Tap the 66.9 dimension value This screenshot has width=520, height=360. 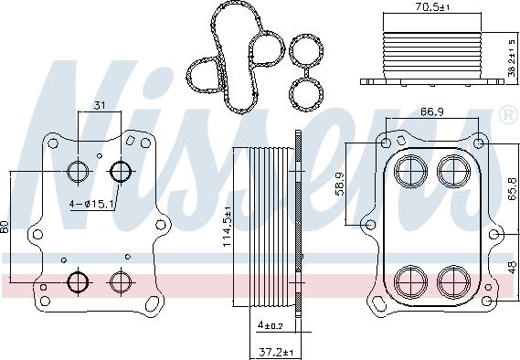[432, 112]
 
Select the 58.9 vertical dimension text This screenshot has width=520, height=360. [340, 185]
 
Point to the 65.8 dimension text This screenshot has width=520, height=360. [512, 188]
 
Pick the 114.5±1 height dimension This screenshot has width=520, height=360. [227, 227]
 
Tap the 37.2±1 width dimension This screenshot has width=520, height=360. [276, 352]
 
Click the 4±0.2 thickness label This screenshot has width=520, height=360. [271, 325]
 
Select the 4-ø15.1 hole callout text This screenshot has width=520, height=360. [90, 204]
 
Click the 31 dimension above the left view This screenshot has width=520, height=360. [100, 106]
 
